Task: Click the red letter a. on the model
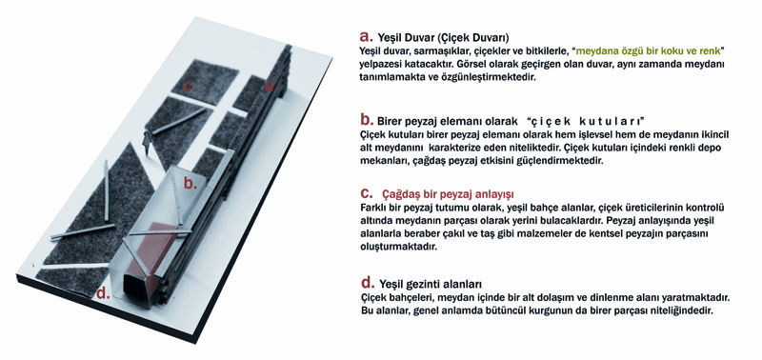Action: [x=271, y=88]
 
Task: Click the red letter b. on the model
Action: [x=190, y=183]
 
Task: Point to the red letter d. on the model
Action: [x=103, y=292]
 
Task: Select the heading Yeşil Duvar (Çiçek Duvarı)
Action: [x=443, y=38]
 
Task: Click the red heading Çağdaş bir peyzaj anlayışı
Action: [x=448, y=195]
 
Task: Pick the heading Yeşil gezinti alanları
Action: [x=431, y=284]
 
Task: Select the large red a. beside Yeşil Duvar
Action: [x=366, y=36]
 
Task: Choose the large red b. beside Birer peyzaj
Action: [x=367, y=119]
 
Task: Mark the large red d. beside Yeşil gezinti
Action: [x=367, y=282]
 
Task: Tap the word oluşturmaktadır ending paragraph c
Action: [x=399, y=247]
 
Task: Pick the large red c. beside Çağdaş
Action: [x=367, y=194]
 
